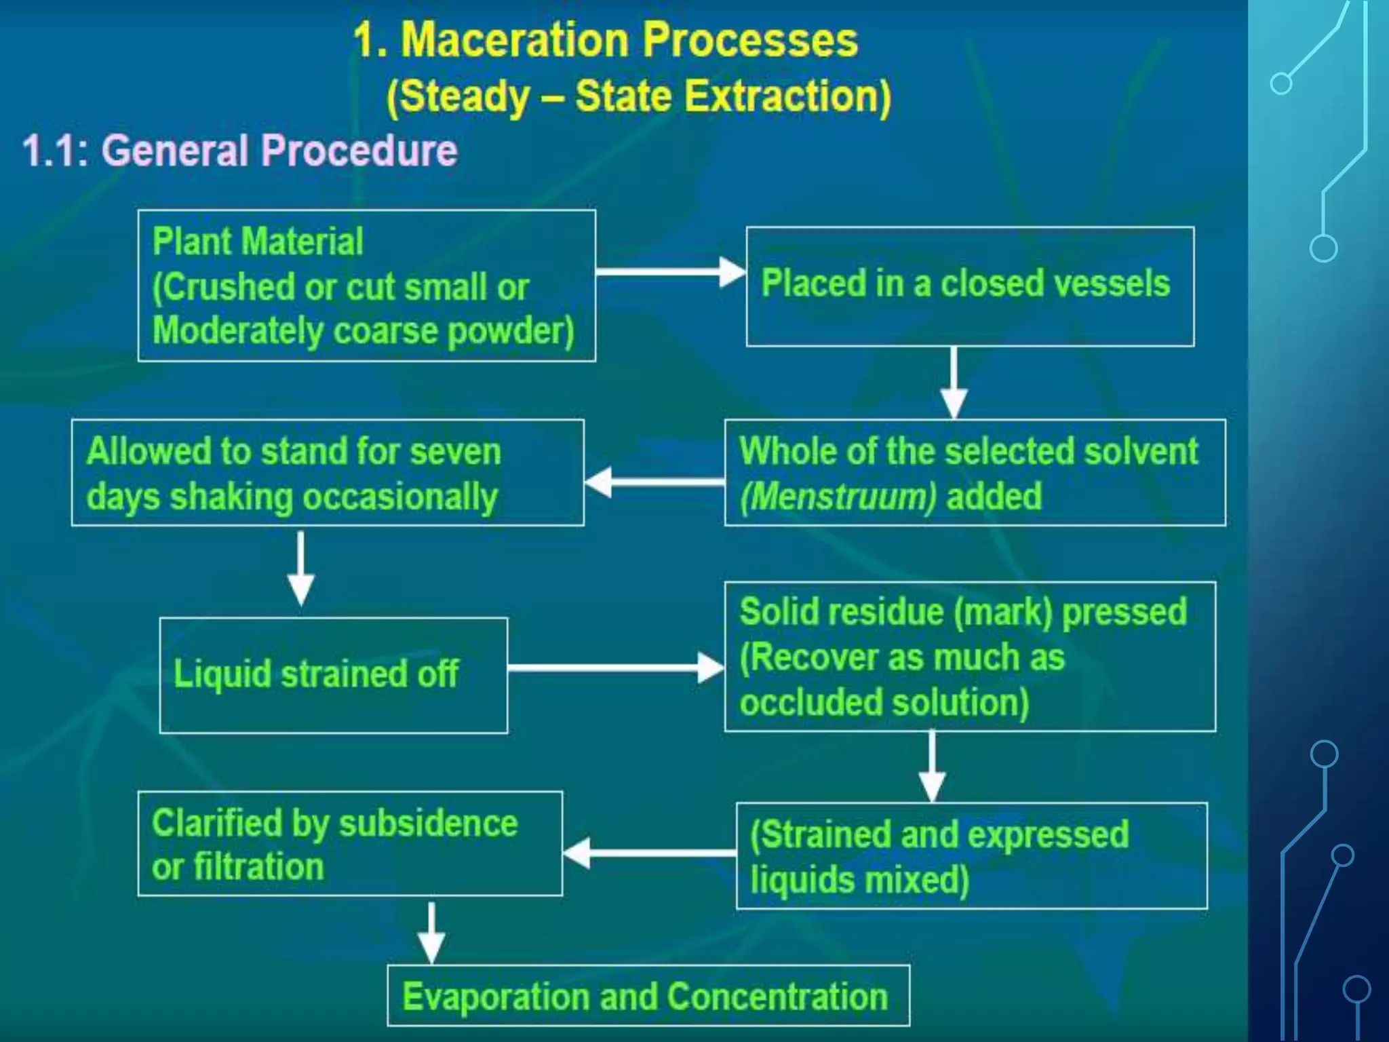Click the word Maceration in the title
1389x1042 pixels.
coord(515,40)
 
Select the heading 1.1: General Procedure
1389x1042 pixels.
coord(240,150)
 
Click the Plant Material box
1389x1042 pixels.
coord(366,286)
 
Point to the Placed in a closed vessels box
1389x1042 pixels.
coord(970,286)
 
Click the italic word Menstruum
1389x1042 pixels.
coord(838,497)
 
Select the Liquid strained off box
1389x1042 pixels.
coord(333,675)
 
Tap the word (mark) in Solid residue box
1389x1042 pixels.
coord(1003,612)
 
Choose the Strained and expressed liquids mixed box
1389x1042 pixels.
coord(971,856)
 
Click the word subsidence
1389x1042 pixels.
coord(428,824)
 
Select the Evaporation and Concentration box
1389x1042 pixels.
coord(648,997)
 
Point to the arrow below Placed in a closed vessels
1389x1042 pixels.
coord(954,383)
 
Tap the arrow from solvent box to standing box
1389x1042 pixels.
coord(654,482)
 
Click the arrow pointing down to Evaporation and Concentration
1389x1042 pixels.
coord(431,932)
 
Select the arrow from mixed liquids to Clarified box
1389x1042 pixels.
coord(649,853)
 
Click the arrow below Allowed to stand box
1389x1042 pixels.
coord(300,568)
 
